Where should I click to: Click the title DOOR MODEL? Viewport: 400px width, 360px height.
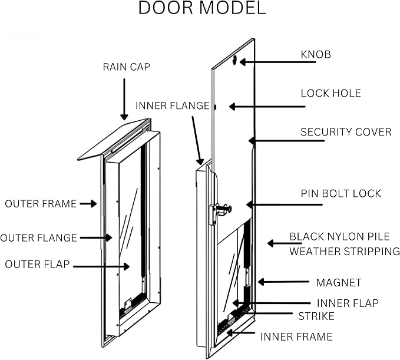point(201,8)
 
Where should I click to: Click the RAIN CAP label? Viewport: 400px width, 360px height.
point(127,67)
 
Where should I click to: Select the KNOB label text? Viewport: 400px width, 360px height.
point(316,55)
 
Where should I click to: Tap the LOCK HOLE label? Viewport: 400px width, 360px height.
point(330,93)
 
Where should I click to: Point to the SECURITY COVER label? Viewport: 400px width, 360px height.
point(346,131)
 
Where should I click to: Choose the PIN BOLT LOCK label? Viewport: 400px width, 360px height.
point(341,193)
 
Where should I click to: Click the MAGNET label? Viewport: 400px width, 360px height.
point(339,283)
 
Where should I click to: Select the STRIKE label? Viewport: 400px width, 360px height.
point(316,316)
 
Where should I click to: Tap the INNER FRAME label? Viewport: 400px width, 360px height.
point(296,337)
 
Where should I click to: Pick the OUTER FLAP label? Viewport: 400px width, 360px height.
point(37,265)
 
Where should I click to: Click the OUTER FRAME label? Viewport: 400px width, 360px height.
point(41,204)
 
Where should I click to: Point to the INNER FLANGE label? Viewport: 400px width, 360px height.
point(173,105)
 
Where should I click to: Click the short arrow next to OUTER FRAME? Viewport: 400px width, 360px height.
point(88,204)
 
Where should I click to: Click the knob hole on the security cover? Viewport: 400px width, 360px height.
point(235,60)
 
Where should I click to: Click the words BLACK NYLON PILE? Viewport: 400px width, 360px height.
point(339,236)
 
